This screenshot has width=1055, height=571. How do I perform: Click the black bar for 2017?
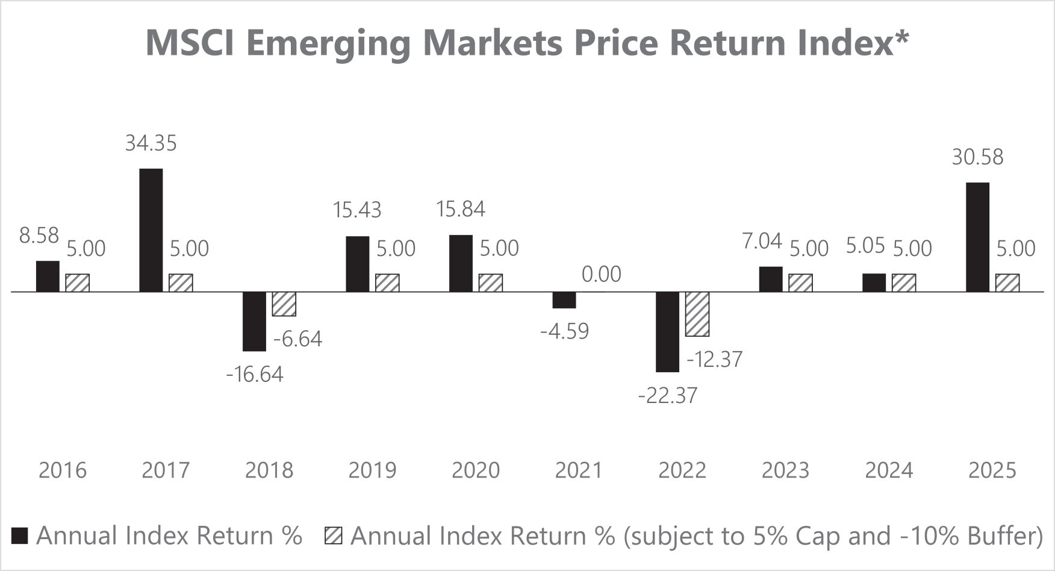[x=151, y=230]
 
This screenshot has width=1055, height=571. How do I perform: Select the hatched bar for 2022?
[x=697, y=314]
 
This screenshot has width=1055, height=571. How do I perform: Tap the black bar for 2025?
[x=977, y=237]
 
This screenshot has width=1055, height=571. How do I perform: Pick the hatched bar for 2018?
[x=284, y=304]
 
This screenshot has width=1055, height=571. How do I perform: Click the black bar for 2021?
[x=564, y=300]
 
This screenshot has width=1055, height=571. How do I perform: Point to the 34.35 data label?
[x=151, y=143]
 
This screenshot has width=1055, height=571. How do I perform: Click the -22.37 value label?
[x=668, y=396]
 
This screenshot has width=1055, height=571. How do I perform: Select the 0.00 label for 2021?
[x=601, y=275]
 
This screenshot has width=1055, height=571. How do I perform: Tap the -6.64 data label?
[x=297, y=339]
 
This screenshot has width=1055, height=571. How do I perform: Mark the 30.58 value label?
[x=978, y=157]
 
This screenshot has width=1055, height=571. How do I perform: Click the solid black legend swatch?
[x=20, y=535]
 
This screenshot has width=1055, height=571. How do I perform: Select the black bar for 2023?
[x=771, y=279]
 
